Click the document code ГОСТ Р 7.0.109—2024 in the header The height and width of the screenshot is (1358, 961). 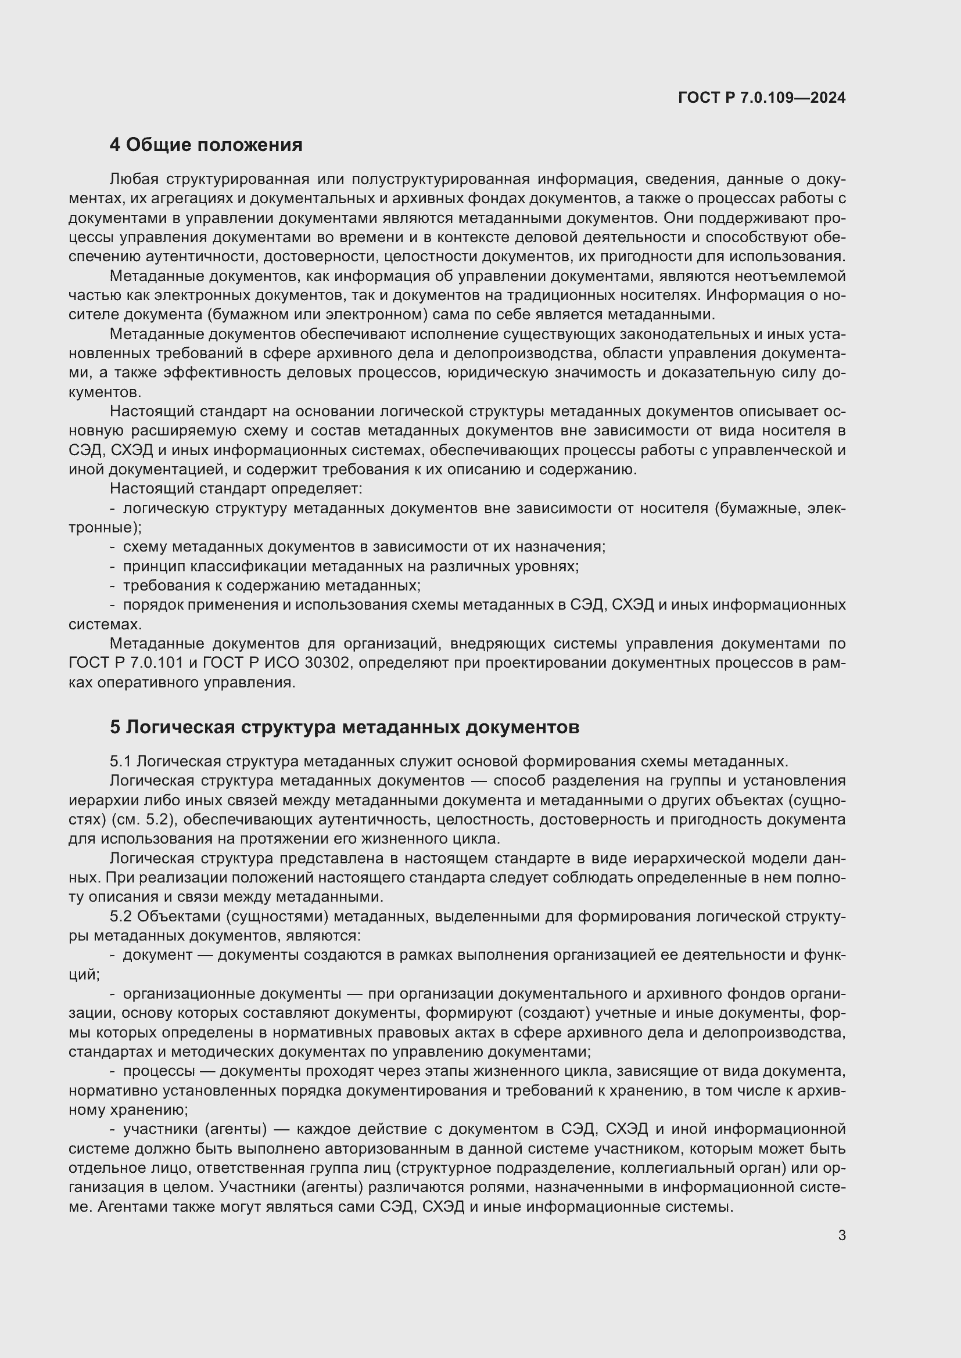point(762,98)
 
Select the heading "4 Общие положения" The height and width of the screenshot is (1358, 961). point(206,145)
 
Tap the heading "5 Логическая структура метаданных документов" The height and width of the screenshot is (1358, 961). point(345,727)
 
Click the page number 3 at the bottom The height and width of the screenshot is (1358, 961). point(842,1235)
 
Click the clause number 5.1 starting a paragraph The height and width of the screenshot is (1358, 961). point(121,761)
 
